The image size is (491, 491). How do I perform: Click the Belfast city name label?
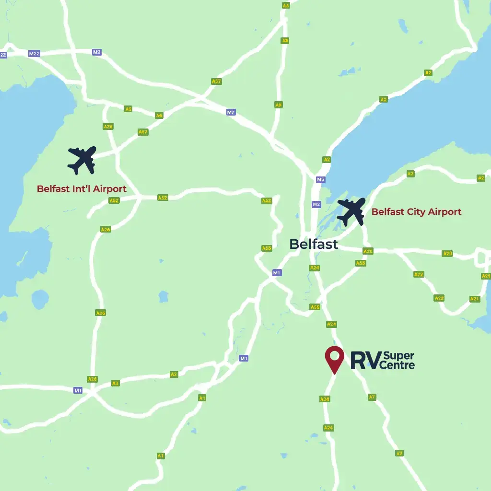pos(313,244)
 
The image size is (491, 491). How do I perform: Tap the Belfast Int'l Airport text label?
pos(82,189)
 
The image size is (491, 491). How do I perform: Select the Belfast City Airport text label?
pos(416,212)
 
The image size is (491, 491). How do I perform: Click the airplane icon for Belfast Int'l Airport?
pos(82,160)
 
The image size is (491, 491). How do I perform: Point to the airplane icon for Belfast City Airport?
pos(351,211)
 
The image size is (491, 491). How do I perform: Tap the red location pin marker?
pos(334,359)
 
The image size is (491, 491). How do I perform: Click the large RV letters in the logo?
pos(364,360)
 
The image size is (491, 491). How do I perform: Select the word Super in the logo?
pos(399,356)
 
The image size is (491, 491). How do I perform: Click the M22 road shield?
pos(34,54)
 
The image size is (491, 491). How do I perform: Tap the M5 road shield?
pos(321,180)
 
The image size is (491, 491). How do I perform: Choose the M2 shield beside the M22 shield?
pos(97,52)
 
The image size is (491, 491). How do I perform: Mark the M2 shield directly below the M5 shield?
pos(316,204)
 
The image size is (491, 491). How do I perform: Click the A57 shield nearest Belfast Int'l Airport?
pos(143,132)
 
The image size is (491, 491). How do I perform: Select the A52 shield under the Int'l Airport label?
pos(114,200)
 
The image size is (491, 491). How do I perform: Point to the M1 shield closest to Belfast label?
pos(277,273)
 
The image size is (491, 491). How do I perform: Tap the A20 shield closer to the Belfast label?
pos(368,251)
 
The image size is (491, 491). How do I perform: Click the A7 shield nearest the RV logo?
pos(372,397)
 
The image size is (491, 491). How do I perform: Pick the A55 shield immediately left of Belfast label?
pos(267,248)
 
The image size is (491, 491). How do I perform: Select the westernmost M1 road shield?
pos(78,390)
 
